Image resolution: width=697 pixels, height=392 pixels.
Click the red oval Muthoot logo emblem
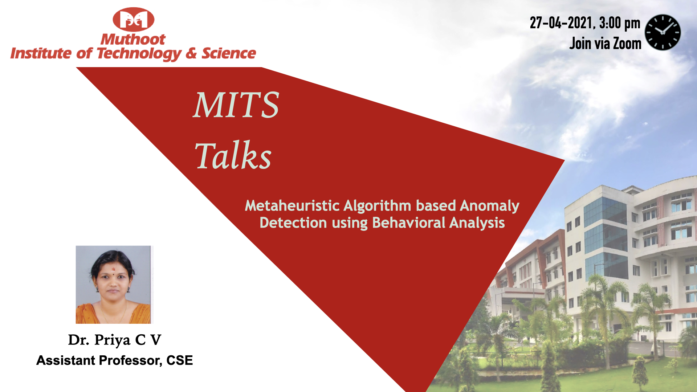134,19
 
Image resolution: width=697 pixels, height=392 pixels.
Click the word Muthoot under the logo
133,39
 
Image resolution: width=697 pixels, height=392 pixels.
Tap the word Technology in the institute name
139,54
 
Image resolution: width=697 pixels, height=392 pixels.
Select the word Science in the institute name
229,53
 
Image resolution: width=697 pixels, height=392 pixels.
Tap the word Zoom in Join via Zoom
627,44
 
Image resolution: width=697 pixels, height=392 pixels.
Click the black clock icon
663,32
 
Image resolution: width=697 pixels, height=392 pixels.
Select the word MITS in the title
236,105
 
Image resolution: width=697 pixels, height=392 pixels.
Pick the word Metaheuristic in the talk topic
292,206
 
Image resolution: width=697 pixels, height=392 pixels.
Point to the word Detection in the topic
293,222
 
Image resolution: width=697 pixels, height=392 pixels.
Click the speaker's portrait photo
114,285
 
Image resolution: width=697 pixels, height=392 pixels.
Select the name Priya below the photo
113,340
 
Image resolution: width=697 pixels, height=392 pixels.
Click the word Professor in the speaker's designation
131,360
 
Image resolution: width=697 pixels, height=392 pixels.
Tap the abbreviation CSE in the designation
180,360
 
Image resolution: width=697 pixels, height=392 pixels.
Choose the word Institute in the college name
41,53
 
